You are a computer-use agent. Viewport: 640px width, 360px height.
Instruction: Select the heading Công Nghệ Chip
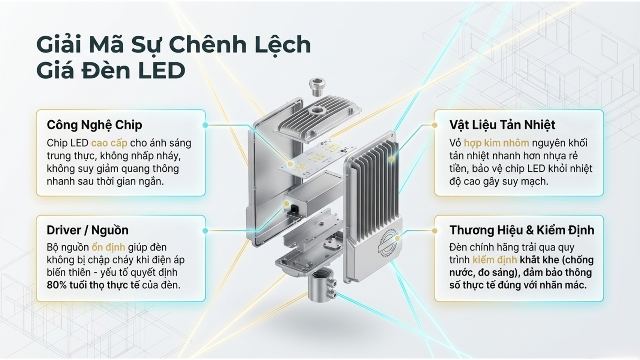pyautogui.click(x=94, y=125)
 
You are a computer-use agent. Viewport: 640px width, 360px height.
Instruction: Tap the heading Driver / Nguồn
pyautogui.click(x=87, y=230)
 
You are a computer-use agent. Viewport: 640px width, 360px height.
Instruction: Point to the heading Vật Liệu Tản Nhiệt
pyautogui.click(x=502, y=125)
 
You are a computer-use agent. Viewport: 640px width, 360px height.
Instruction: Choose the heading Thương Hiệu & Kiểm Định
pyautogui.click(x=522, y=230)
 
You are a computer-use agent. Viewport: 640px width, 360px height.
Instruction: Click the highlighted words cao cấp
pyautogui.click(x=109, y=143)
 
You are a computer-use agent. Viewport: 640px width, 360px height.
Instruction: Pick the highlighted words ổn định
pyautogui.click(x=108, y=247)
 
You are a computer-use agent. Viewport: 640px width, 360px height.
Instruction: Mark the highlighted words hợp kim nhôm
pyautogui.click(x=496, y=143)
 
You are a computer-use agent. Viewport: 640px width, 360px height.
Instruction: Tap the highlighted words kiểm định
pyautogui.click(x=494, y=260)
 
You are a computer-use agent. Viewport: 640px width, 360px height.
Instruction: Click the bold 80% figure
pyautogui.click(x=57, y=285)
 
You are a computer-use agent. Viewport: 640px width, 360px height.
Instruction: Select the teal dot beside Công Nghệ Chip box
pyautogui.click(x=205, y=125)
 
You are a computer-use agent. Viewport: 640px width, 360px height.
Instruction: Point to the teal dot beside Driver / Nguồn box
pyautogui.click(x=205, y=231)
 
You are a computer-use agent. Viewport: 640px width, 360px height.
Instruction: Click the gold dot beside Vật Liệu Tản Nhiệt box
pyautogui.click(x=435, y=125)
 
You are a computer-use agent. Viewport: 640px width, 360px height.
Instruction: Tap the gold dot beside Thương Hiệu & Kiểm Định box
pyautogui.click(x=435, y=231)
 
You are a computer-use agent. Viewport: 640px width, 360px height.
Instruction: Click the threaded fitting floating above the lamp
pyautogui.click(x=317, y=87)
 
